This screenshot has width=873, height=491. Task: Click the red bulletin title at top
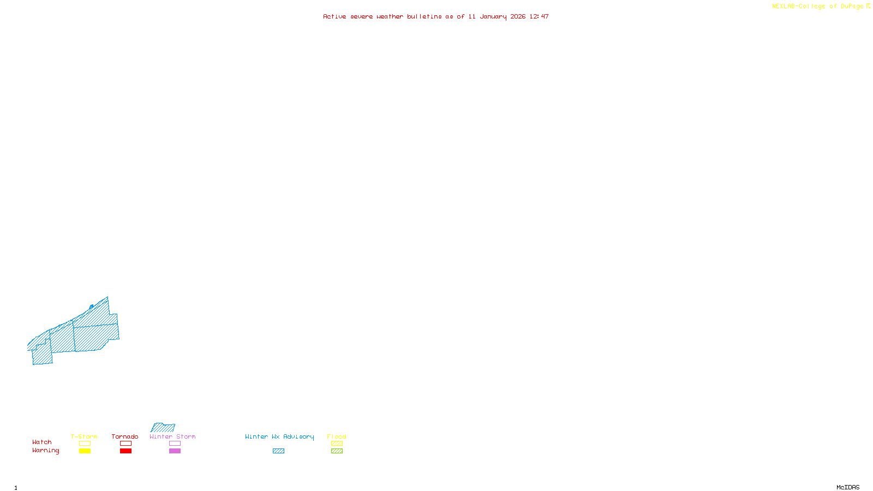(435, 16)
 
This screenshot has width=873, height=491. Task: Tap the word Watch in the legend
(42, 442)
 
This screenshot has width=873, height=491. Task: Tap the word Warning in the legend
(46, 451)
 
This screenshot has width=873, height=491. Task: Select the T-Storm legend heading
(84, 436)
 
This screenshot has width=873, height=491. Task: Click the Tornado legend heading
(125, 436)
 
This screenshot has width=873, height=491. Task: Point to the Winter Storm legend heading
(172, 436)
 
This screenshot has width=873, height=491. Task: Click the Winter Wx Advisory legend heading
(279, 436)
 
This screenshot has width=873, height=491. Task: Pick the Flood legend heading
(337, 436)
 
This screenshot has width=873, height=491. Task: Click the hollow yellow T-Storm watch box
(85, 444)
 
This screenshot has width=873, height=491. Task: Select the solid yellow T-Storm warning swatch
(85, 451)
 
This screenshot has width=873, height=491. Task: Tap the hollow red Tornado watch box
(125, 444)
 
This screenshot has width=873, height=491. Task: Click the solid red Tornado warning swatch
(125, 451)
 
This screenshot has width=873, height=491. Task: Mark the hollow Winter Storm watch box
(175, 444)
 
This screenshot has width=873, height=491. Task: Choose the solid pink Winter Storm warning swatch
(175, 451)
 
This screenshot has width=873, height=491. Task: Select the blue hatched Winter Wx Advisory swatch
(278, 451)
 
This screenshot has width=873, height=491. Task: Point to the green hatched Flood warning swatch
(337, 451)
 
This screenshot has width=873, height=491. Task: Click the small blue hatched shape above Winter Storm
(163, 428)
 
